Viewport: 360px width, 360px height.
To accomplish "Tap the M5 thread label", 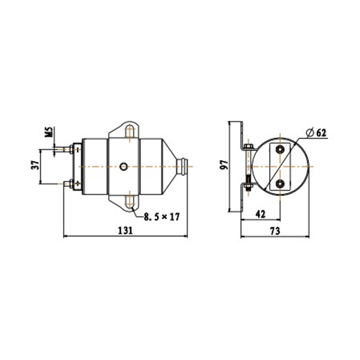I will [50, 132].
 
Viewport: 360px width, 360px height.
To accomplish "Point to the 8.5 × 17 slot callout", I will [162, 217].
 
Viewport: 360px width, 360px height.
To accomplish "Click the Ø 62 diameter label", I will [315, 133].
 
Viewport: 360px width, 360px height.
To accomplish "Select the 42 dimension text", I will [261, 214].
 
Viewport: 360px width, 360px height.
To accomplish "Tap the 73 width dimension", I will [275, 231].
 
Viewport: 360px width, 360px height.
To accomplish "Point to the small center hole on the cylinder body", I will [123, 166].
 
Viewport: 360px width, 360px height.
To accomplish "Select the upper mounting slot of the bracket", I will [130, 132].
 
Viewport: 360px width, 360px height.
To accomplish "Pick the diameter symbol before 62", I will [309, 133].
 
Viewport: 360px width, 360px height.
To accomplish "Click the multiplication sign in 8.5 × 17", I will [165, 217].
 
